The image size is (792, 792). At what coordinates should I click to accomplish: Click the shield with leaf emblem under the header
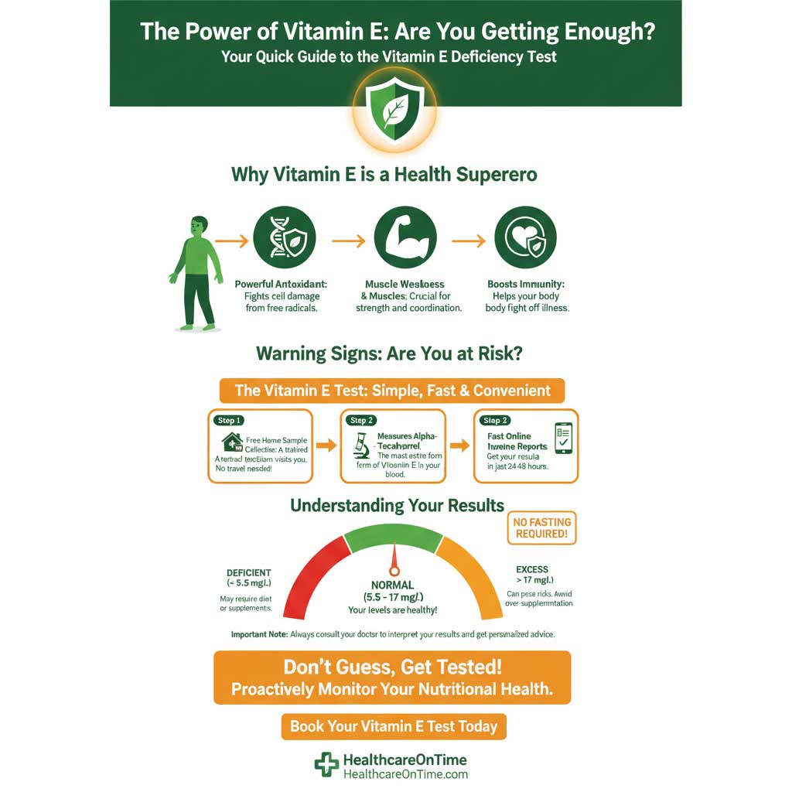[395, 113]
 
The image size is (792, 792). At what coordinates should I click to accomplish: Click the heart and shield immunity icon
[525, 237]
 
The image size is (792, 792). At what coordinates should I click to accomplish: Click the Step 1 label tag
[230, 420]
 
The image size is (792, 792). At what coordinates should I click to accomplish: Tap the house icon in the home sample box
[231, 442]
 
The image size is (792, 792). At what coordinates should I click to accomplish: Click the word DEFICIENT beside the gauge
[249, 573]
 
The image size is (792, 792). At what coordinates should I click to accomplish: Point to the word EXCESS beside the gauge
[532, 569]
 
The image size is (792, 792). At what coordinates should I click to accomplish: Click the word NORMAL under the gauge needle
[393, 585]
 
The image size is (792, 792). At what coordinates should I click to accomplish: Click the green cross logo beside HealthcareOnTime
[326, 765]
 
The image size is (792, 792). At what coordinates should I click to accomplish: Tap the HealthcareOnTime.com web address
[405, 774]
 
